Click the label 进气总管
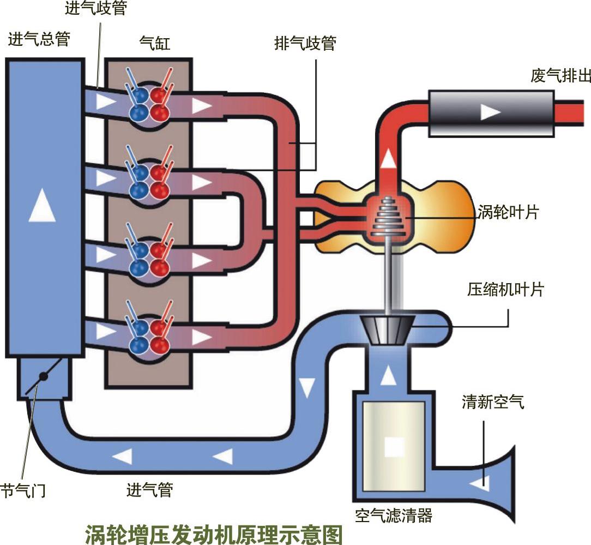coord(39,39)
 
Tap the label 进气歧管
coord(95,9)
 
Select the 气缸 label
coord(155,43)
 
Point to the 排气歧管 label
coord(305,43)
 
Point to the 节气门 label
coord(23,490)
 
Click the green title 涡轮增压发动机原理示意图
coord(214,533)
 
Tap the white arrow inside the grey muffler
coord(490,112)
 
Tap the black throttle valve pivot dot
coord(44,376)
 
